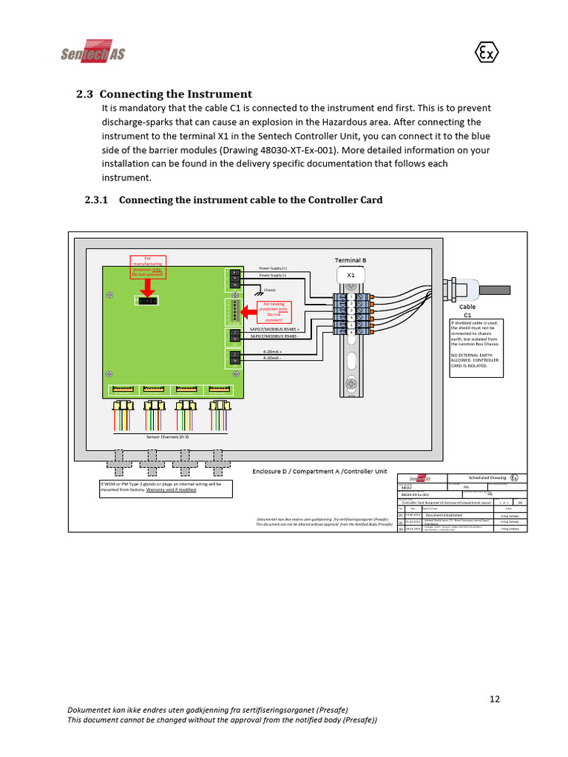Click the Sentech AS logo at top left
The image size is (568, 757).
[92, 52]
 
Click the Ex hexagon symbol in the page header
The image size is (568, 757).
[486, 53]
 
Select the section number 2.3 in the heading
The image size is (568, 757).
[85, 95]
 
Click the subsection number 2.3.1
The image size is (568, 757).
[96, 200]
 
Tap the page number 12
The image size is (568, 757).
[496, 699]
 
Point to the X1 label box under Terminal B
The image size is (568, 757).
[351, 274]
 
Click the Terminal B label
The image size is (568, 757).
[351, 260]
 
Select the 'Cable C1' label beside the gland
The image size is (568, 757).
[467, 310]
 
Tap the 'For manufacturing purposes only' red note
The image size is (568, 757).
[147, 266]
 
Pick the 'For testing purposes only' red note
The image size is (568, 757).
[274, 312]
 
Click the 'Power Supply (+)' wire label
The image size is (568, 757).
[273, 268]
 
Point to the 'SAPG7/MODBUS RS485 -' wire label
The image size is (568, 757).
[275, 336]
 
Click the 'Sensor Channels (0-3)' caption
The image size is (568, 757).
[168, 438]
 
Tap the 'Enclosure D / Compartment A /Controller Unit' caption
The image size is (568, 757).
[319, 471]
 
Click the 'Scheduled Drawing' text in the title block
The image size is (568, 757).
[488, 478]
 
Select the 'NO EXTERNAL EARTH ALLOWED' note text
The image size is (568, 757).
[474, 358]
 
